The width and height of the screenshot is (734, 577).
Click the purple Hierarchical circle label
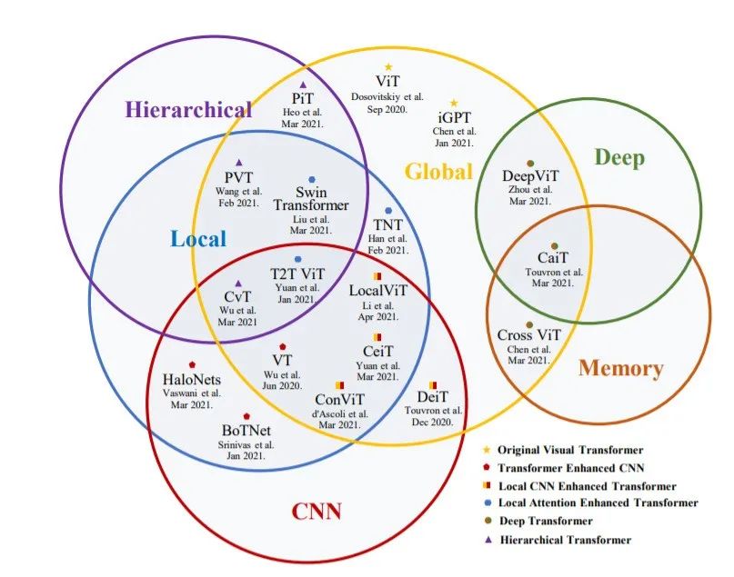pyautogui.click(x=188, y=110)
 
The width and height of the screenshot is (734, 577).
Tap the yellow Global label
pyautogui.click(x=438, y=172)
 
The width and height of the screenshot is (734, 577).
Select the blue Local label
pyautogui.click(x=197, y=239)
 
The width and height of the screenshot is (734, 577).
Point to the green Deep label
pyautogui.click(x=619, y=158)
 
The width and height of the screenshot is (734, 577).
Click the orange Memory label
pyautogui.click(x=620, y=368)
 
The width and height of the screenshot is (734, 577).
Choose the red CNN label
pyautogui.click(x=317, y=512)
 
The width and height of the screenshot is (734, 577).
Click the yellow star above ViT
pyautogui.click(x=388, y=67)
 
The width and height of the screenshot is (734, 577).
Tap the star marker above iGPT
pyautogui.click(x=454, y=104)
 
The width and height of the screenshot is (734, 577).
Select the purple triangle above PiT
pyautogui.click(x=304, y=85)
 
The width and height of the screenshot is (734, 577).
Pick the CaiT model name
pyautogui.click(x=554, y=258)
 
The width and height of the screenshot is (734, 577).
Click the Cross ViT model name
pyautogui.click(x=528, y=335)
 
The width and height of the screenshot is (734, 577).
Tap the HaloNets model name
pyautogui.click(x=192, y=379)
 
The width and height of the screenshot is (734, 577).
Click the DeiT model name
pyautogui.click(x=432, y=397)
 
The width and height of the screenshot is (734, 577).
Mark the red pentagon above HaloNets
pyautogui.click(x=192, y=364)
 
